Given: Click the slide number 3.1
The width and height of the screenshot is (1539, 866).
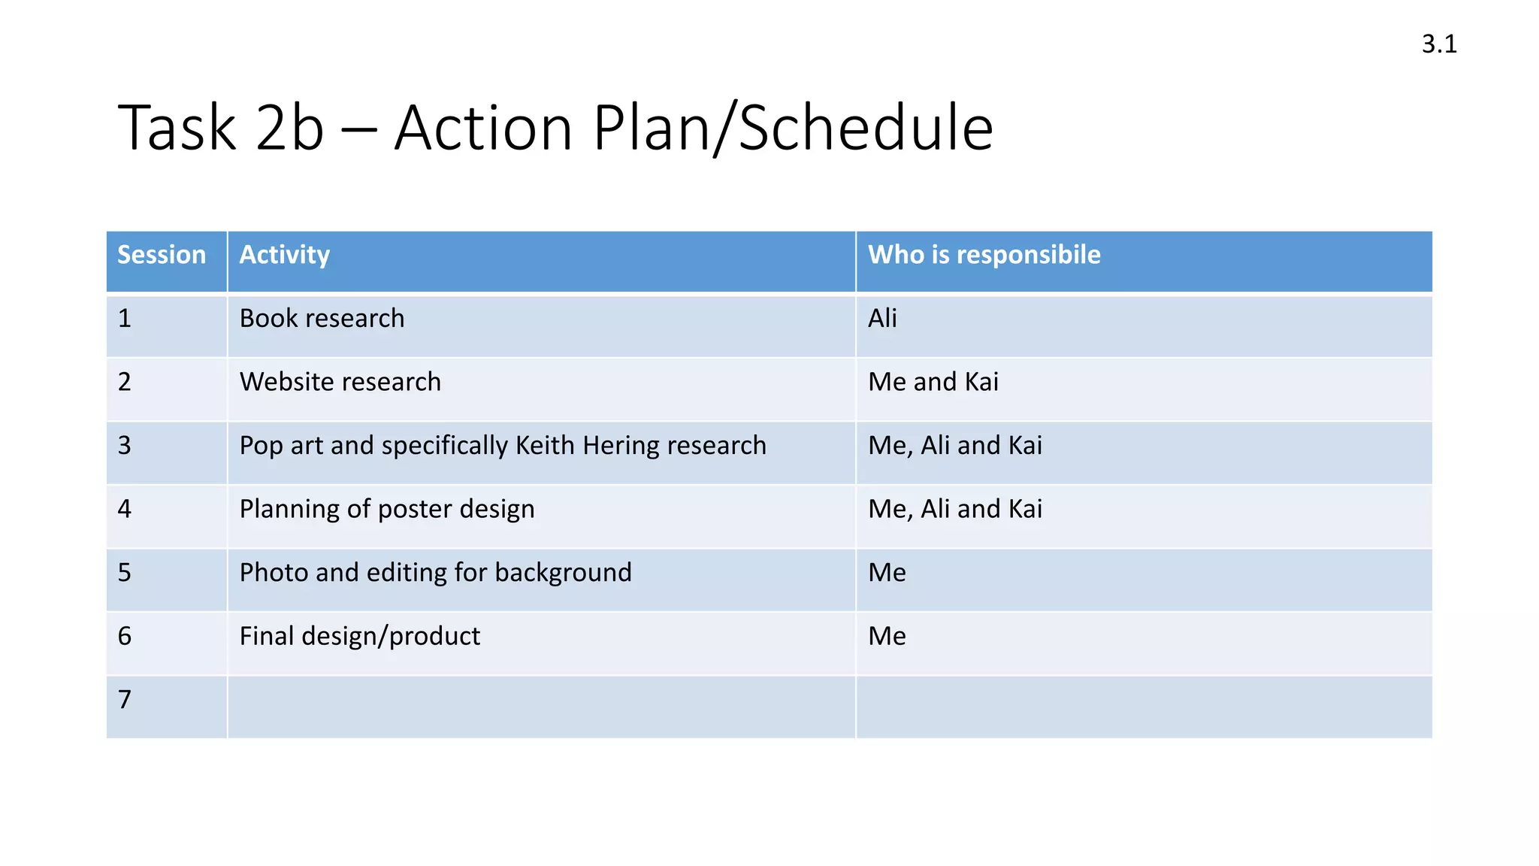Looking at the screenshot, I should pyautogui.click(x=1439, y=44).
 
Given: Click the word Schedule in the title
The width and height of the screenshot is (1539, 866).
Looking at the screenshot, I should pyautogui.click(x=866, y=128).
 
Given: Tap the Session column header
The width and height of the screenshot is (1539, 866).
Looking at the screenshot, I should pyautogui.click(x=162, y=255).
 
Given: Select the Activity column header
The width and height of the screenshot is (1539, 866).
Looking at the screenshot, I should pyautogui.click(x=284, y=255).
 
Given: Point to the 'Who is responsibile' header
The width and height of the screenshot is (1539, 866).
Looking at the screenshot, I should pyautogui.click(x=984, y=255).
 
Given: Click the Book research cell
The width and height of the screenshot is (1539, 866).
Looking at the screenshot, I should pyautogui.click(x=322, y=319).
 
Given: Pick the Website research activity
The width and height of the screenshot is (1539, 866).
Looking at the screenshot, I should pyautogui.click(x=340, y=382).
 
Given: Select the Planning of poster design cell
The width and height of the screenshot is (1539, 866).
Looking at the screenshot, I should pyautogui.click(x=387, y=509).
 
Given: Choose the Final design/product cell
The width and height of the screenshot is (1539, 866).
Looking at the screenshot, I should pyautogui.click(x=359, y=637).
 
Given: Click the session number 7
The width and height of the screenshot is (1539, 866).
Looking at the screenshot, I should pyautogui.click(x=125, y=700).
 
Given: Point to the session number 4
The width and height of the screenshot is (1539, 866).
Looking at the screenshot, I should pyautogui.click(x=125, y=509).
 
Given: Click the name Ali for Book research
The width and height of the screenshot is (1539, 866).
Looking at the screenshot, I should pyautogui.click(x=882, y=319).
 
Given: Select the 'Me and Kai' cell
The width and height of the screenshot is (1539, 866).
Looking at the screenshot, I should pyautogui.click(x=933, y=382).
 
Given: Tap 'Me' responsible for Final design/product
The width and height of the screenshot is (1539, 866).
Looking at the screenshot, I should pyautogui.click(x=887, y=637).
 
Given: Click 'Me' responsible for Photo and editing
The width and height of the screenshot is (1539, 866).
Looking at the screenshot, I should pyautogui.click(x=887, y=573).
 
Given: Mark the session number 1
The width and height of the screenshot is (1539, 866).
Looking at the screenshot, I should pyautogui.click(x=125, y=319).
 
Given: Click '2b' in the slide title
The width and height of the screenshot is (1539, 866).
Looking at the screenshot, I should pyautogui.click(x=289, y=128).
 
